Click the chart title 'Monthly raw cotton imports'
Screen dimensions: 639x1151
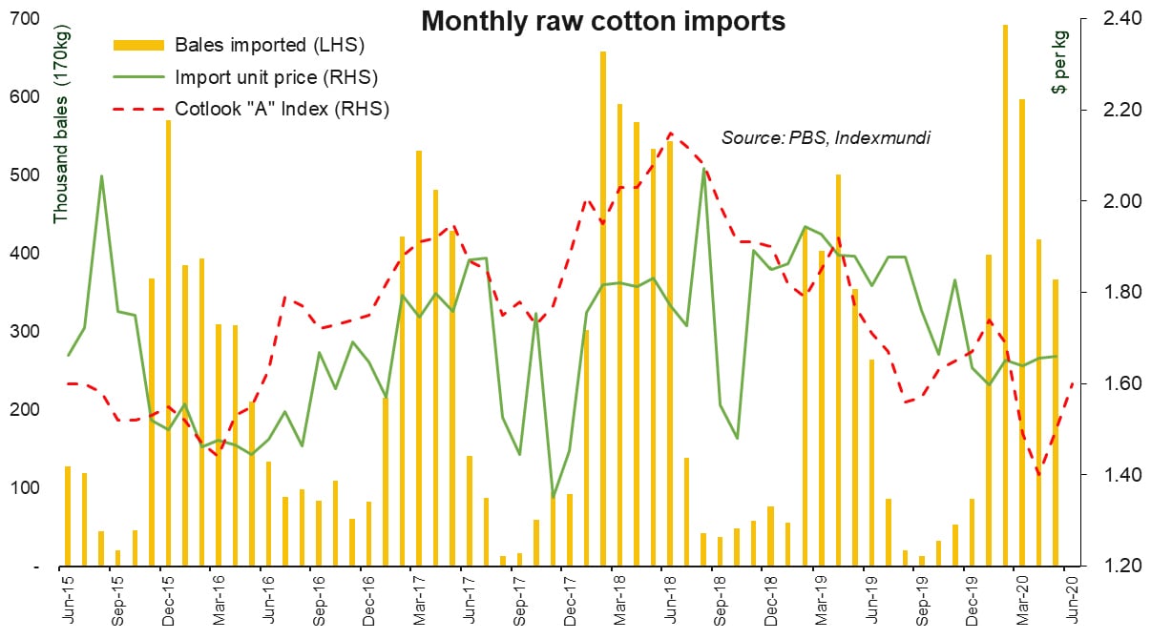click(603, 21)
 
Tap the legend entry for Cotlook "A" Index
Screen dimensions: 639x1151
click(282, 108)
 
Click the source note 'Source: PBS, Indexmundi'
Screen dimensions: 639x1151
click(826, 138)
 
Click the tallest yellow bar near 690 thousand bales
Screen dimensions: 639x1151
click(1005, 296)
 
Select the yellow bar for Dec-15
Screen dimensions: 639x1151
click(168, 343)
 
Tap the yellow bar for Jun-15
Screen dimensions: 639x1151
click(68, 516)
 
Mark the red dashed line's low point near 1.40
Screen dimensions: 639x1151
click(1039, 475)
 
